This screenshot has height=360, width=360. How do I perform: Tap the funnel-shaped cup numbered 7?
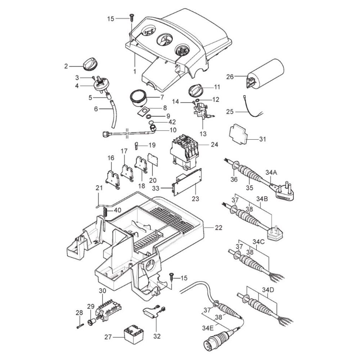click(x=138, y=98)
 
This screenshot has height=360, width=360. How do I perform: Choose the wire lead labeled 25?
click(x=252, y=109)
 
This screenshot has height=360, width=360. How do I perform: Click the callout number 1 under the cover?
click(x=134, y=72)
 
